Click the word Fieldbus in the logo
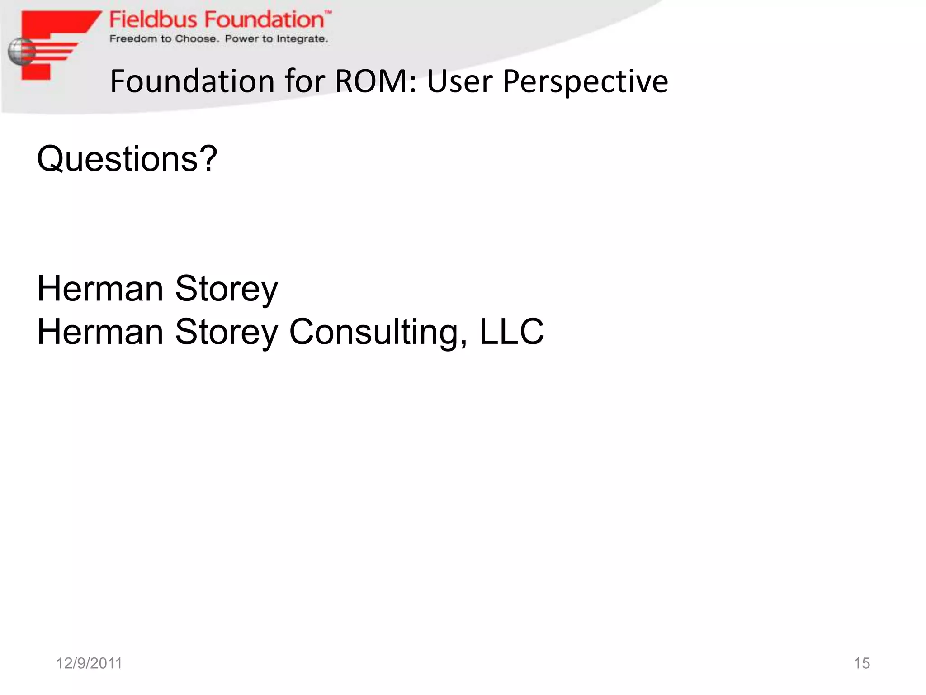pos(153,20)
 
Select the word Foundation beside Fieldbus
pos(263,20)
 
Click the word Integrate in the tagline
pos(302,39)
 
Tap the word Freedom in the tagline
pos(133,39)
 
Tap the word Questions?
pos(127,159)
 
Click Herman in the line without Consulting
pos(100,289)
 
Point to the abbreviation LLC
pos(511,332)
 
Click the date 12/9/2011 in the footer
pos(89,663)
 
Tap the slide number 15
pos(861,663)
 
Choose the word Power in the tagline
pos(241,39)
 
